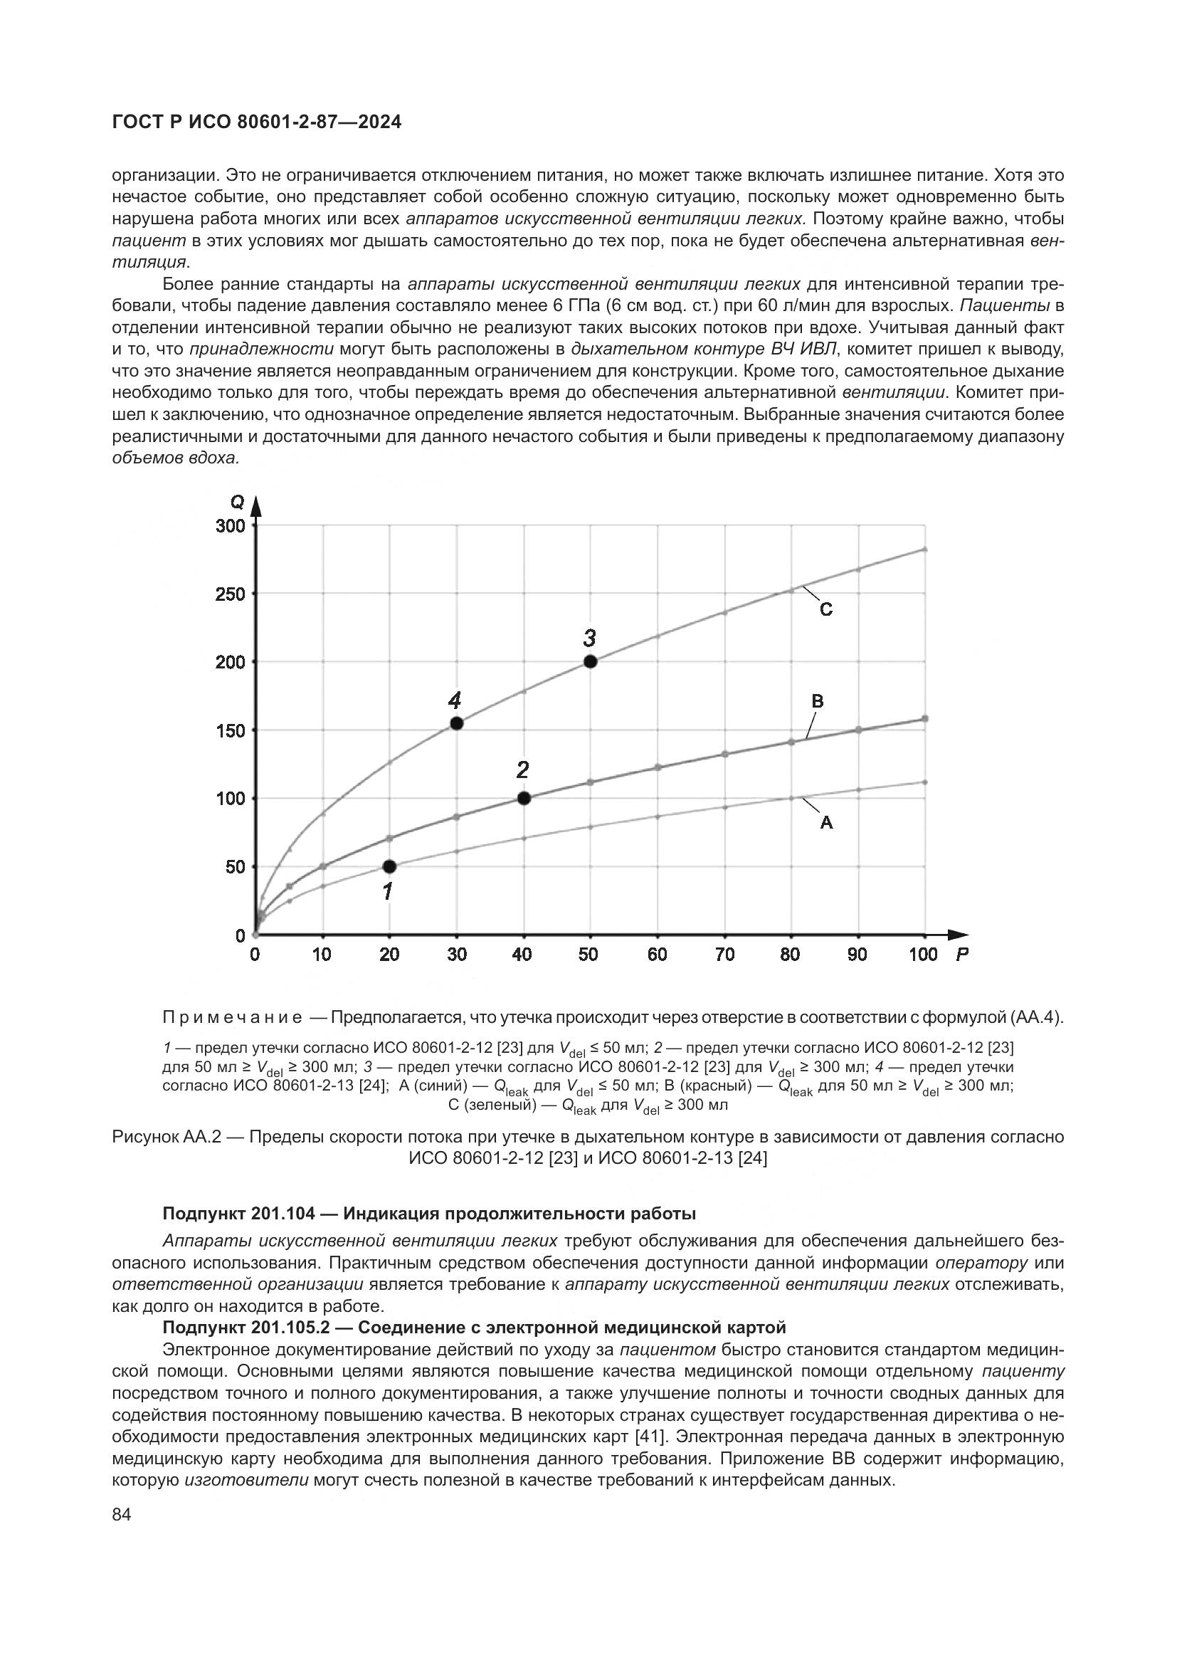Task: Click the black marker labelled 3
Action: click(x=590, y=661)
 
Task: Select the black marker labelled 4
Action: click(x=457, y=723)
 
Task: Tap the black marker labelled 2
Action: click(x=524, y=799)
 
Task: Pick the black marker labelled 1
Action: click(x=389, y=866)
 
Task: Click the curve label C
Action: click(x=826, y=610)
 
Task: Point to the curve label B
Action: click(x=818, y=701)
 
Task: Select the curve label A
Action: click(x=826, y=823)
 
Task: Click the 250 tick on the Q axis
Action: click(x=231, y=594)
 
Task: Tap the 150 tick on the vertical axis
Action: click(x=231, y=730)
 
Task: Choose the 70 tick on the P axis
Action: click(x=724, y=955)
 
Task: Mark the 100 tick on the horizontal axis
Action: click(x=924, y=955)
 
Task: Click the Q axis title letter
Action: click(x=237, y=502)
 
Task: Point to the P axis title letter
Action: click(x=962, y=955)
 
